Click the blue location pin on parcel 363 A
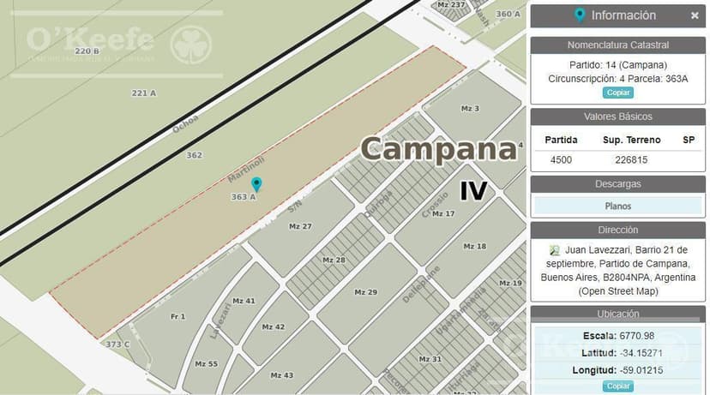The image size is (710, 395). click(x=256, y=183)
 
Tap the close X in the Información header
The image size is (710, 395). click(x=695, y=15)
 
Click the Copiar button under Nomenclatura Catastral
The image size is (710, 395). click(x=617, y=93)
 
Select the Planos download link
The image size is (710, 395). click(x=617, y=206)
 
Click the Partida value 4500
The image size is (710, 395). click(x=561, y=159)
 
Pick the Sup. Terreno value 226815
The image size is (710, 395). click(x=631, y=159)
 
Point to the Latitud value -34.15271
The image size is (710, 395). click(x=642, y=352)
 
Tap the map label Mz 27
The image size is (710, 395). click(x=300, y=226)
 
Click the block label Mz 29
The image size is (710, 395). click(x=366, y=292)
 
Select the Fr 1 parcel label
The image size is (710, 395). click(x=178, y=317)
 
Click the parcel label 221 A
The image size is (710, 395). click(x=144, y=93)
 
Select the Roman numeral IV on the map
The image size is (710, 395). click(x=473, y=190)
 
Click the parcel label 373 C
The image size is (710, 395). click(x=117, y=344)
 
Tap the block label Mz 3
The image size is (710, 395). click(x=470, y=109)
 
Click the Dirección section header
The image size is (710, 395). click(x=617, y=230)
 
